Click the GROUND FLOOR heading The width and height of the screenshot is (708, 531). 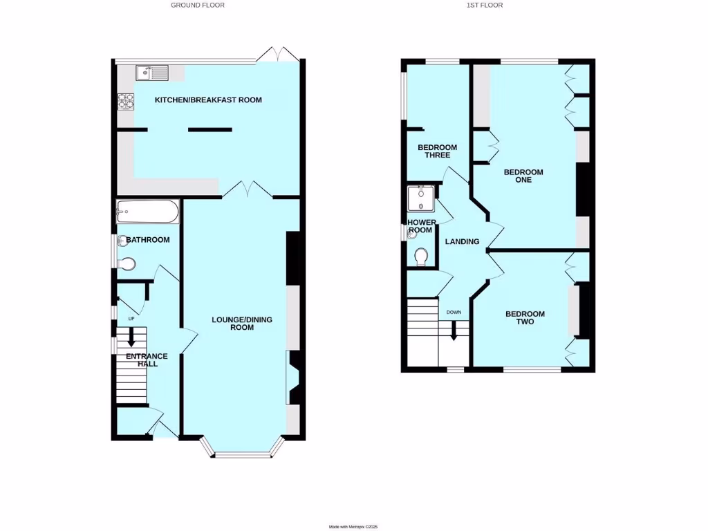click(198, 5)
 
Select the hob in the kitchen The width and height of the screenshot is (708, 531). click(125, 102)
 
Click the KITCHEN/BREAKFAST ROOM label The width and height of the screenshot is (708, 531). click(208, 100)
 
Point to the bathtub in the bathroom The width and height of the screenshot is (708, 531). click(148, 212)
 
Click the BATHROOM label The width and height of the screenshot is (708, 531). click(147, 240)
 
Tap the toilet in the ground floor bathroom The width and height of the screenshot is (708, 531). click(127, 264)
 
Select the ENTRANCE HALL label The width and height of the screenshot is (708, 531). click(147, 360)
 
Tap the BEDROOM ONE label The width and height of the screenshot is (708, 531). click(523, 176)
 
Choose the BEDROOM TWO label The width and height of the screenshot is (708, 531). click(525, 317)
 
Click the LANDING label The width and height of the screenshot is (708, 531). click(462, 242)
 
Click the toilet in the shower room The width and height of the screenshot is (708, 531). click(422, 257)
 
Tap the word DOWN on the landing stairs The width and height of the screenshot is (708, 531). click(454, 313)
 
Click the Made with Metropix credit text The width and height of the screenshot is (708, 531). click(353, 526)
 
